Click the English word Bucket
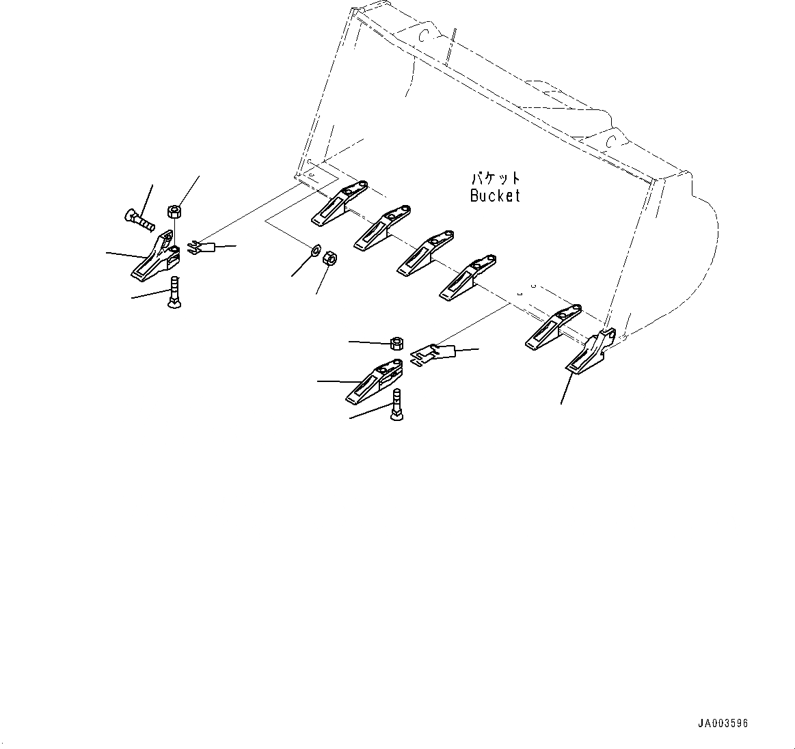(x=495, y=195)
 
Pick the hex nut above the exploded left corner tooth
(x=174, y=210)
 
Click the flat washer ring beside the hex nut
(x=316, y=251)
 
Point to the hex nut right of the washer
(x=328, y=258)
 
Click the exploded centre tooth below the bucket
(x=374, y=380)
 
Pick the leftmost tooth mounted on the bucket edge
(x=339, y=203)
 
